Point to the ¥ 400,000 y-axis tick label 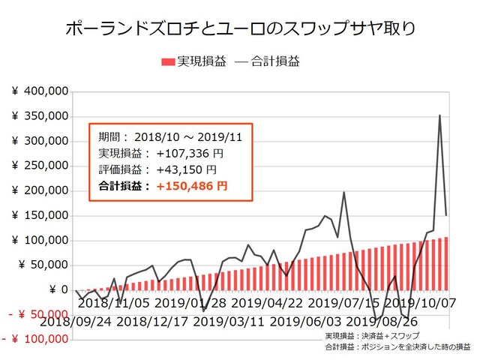coord(41,91)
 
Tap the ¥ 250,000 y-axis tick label coord(41,166)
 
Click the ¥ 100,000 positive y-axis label coord(41,240)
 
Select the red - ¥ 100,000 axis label coord(37,339)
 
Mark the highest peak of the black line coord(439,115)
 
